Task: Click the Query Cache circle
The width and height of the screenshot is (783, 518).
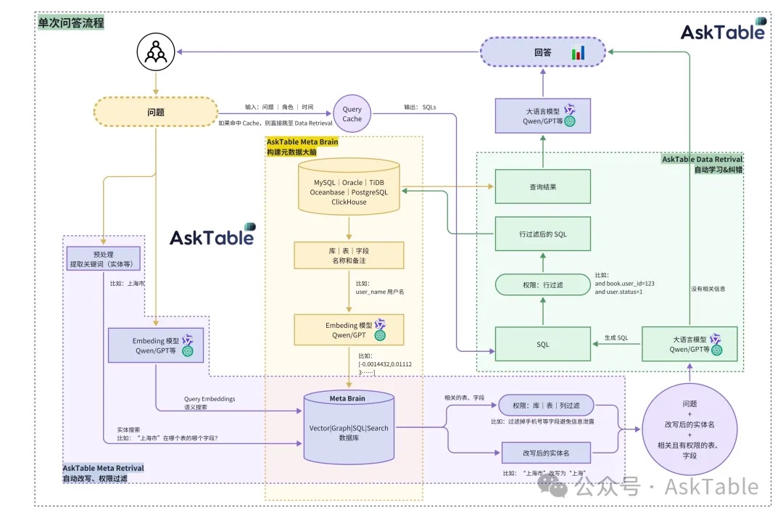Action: point(352,114)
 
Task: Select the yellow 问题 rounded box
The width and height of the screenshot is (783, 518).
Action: point(156,112)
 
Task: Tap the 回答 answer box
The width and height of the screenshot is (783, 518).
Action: point(543,52)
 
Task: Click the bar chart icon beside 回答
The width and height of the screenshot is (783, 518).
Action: point(578,52)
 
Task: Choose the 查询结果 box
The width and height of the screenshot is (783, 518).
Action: point(542,187)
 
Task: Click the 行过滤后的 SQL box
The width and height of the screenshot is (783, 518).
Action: point(542,234)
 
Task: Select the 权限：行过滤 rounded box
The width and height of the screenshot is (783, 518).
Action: point(542,284)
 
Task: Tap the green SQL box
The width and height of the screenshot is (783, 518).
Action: point(542,344)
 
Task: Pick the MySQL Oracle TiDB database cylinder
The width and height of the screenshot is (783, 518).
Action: point(349,186)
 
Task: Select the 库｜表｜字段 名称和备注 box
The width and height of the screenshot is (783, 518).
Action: point(349,255)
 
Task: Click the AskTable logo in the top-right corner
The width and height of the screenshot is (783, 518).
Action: point(723,30)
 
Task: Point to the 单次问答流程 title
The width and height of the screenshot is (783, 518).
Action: point(71,23)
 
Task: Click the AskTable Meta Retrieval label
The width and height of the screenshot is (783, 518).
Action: point(103,469)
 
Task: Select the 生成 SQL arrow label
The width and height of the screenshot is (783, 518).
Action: point(616,338)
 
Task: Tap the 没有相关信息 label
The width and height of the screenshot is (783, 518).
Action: point(708,288)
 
